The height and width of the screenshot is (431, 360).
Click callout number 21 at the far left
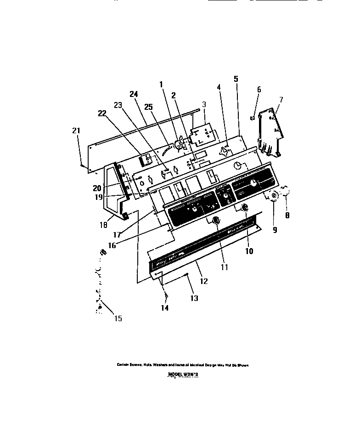(76, 131)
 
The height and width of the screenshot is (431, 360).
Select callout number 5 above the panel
(236, 79)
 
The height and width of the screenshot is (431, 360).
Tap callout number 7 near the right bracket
(281, 99)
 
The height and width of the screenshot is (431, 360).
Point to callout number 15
(118, 318)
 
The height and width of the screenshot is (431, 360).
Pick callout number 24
(134, 94)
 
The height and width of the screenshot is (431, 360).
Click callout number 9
(275, 230)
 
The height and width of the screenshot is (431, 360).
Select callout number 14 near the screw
(164, 308)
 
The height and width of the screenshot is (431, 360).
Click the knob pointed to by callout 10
(245, 208)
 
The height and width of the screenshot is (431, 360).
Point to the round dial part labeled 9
(274, 196)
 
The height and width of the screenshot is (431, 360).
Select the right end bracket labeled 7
(270, 131)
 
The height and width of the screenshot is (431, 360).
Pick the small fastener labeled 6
(253, 118)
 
